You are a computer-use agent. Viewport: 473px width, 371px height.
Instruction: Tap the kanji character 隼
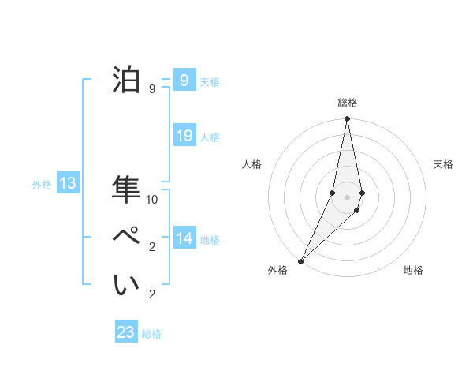(127, 189)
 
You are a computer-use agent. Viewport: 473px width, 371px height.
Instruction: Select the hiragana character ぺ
(127, 237)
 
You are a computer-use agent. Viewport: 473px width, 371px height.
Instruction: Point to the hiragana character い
(127, 285)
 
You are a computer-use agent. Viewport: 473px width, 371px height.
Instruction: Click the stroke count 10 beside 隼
(152, 200)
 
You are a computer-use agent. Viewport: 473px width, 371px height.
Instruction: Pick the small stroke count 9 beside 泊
(151, 89)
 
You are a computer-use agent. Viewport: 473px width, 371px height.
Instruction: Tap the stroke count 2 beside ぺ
(151, 247)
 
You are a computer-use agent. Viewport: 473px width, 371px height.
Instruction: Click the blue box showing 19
(184, 136)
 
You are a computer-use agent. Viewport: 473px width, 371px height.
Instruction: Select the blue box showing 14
(184, 238)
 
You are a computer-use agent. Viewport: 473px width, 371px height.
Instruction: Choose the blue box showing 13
(68, 183)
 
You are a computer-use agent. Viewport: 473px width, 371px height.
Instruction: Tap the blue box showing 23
(126, 332)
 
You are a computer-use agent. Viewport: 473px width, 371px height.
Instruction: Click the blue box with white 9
(184, 80)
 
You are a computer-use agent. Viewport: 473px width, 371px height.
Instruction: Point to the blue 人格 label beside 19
(210, 137)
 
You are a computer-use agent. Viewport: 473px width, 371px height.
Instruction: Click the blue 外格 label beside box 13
(42, 185)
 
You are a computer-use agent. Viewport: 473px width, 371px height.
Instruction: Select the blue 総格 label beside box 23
(151, 334)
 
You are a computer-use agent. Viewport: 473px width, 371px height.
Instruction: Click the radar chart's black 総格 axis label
(348, 103)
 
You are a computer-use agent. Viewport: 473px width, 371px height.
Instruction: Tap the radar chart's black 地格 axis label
(413, 270)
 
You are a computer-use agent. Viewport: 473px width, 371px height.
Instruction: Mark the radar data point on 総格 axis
(348, 119)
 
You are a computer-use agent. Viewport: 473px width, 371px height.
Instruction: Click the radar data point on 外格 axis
(301, 260)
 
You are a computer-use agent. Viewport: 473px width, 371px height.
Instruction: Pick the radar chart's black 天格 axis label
(443, 164)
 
